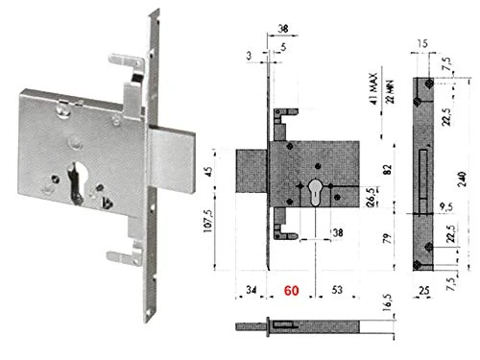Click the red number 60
289,287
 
